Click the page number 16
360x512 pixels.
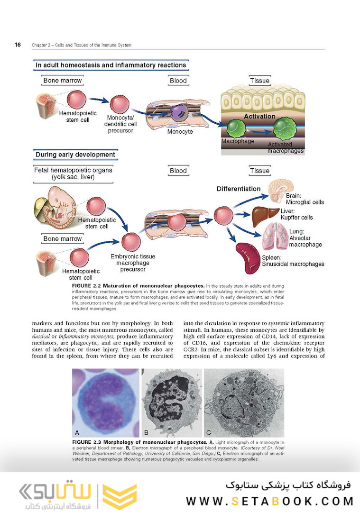pos(18,45)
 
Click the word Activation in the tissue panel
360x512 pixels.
pos(259,116)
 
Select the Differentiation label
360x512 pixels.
pos(239,189)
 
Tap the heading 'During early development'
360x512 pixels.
pos(75,155)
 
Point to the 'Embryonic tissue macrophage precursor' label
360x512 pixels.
pos(133,263)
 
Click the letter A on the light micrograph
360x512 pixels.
pos(77,432)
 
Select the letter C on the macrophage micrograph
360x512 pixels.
pos(209,432)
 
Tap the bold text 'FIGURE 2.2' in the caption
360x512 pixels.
pos(86,286)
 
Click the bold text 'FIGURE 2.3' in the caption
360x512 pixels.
pos(86,442)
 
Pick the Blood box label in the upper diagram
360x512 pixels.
pos(178,81)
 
